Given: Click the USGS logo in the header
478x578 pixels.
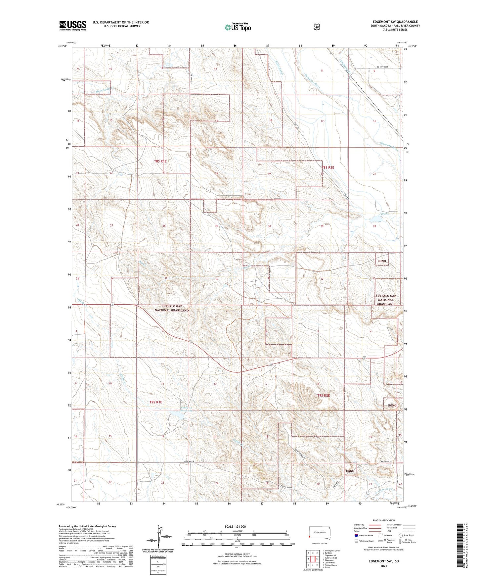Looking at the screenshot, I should point(72,25).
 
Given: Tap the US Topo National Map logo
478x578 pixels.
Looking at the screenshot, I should point(237,27).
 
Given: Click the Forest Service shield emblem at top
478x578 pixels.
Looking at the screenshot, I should point(317,27).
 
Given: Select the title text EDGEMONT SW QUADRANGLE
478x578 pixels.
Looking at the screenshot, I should point(395,22).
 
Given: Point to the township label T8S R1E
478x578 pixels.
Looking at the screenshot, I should point(160,161).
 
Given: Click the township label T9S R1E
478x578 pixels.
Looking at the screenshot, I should point(155,402).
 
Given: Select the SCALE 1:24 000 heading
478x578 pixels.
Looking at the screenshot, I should point(235,526).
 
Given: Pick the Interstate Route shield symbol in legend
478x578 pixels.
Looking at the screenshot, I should point(356,535).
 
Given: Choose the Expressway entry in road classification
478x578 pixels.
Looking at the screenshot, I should point(360,525).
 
